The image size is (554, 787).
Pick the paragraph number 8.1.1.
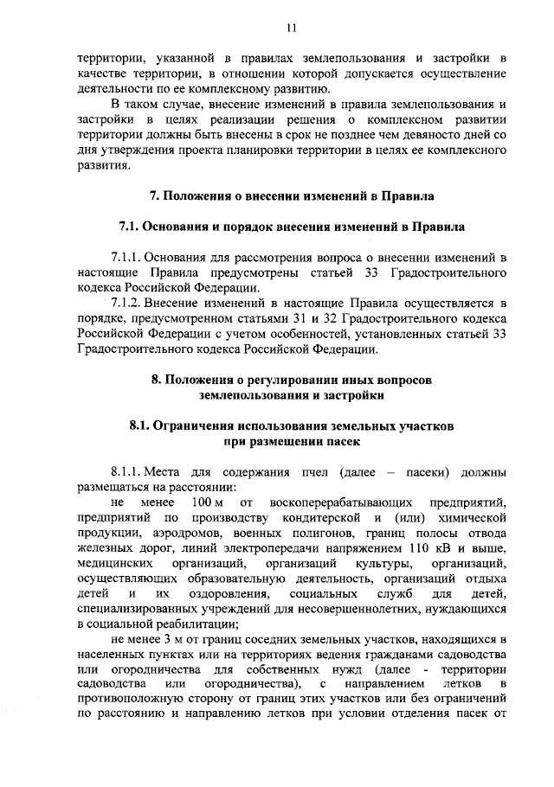click(x=126, y=471)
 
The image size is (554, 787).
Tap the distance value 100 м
click(x=207, y=502)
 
